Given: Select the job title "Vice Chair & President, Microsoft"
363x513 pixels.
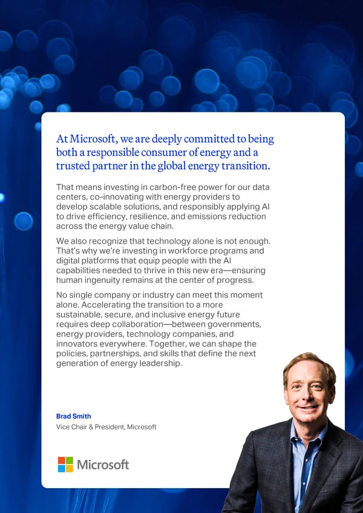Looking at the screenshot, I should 106,427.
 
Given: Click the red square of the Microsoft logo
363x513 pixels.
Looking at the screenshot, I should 62,460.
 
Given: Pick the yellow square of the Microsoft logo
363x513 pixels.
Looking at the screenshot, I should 70,468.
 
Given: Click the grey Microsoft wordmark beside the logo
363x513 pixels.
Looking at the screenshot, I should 103,465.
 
